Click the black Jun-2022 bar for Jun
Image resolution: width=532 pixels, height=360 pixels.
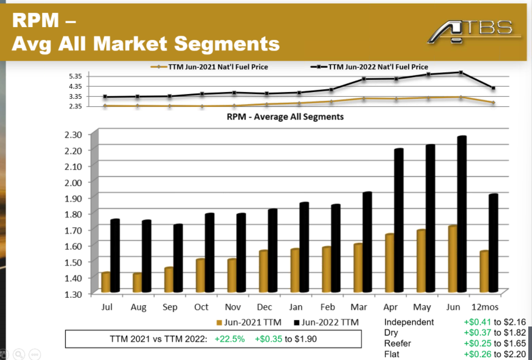(462, 213)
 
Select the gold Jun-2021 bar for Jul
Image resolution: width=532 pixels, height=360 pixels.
(105, 282)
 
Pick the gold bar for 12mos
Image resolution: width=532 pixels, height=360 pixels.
(484, 271)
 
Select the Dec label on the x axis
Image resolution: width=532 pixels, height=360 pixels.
(264, 307)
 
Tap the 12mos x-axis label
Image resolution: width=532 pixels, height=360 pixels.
(485, 307)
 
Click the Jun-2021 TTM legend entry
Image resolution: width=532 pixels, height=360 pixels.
(250, 322)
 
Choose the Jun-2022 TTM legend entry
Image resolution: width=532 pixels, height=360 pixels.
(326, 322)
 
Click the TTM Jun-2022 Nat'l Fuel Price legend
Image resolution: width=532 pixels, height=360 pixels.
(372, 67)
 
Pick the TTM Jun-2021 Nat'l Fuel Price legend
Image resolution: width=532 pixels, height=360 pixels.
(212, 67)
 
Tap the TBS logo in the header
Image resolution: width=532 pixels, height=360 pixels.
(473, 30)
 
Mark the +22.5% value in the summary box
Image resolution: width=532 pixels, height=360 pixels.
(230, 339)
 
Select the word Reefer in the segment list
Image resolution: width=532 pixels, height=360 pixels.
(397, 344)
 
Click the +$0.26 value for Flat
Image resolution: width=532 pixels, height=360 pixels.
(478, 354)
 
